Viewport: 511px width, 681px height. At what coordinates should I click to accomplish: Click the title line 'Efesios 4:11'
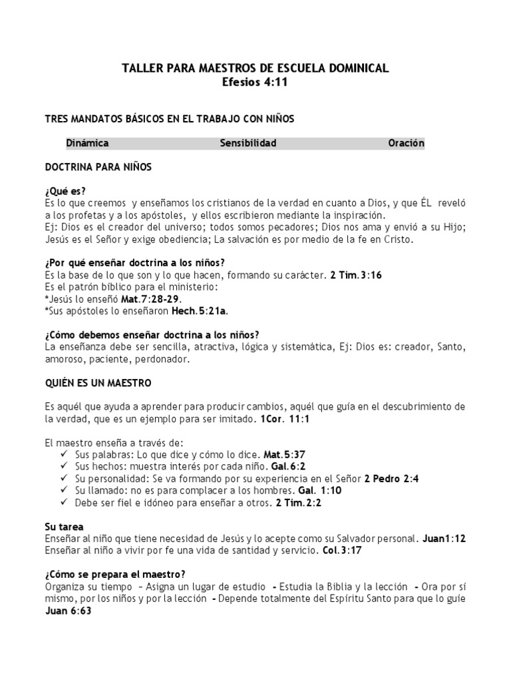tap(255, 82)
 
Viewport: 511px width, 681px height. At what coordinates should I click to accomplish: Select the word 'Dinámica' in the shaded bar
tap(88, 143)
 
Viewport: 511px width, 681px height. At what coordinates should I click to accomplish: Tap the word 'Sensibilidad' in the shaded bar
tap(248, 143)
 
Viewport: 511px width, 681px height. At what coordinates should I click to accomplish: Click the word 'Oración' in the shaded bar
tap(406, 143)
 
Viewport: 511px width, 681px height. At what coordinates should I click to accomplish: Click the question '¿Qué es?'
tap(65, 191)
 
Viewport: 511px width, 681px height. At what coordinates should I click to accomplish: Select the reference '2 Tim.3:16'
tap(356, 275)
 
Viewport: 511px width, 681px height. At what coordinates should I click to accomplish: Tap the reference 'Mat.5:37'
tap(287, 455)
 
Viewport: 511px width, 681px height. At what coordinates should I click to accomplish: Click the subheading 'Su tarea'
tap(64, 526)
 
